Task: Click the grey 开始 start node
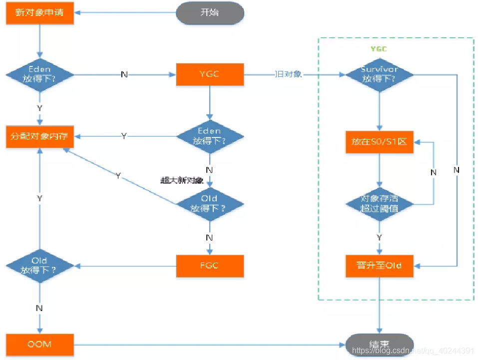point(210,13)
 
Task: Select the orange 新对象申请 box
point(40,13)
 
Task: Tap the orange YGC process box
point(210,74)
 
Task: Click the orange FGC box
point(210,266)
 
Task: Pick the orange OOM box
point(40,344)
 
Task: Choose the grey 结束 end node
point(380,344)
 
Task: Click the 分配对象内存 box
point(40,136)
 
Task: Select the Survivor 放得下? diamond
point(380,74)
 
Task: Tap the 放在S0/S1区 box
point(380,142)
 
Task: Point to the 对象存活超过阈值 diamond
point(380,204)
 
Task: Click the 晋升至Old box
point(380,266)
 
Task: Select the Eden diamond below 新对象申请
point(40,74)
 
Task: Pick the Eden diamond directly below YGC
point(210,136)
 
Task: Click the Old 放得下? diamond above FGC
point(210,204)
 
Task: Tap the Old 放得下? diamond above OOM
point(40,266)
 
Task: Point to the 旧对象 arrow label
point(288,74)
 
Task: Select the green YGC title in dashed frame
point(379,49)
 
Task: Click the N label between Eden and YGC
point(124,74)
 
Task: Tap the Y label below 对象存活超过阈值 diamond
point(380,237)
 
